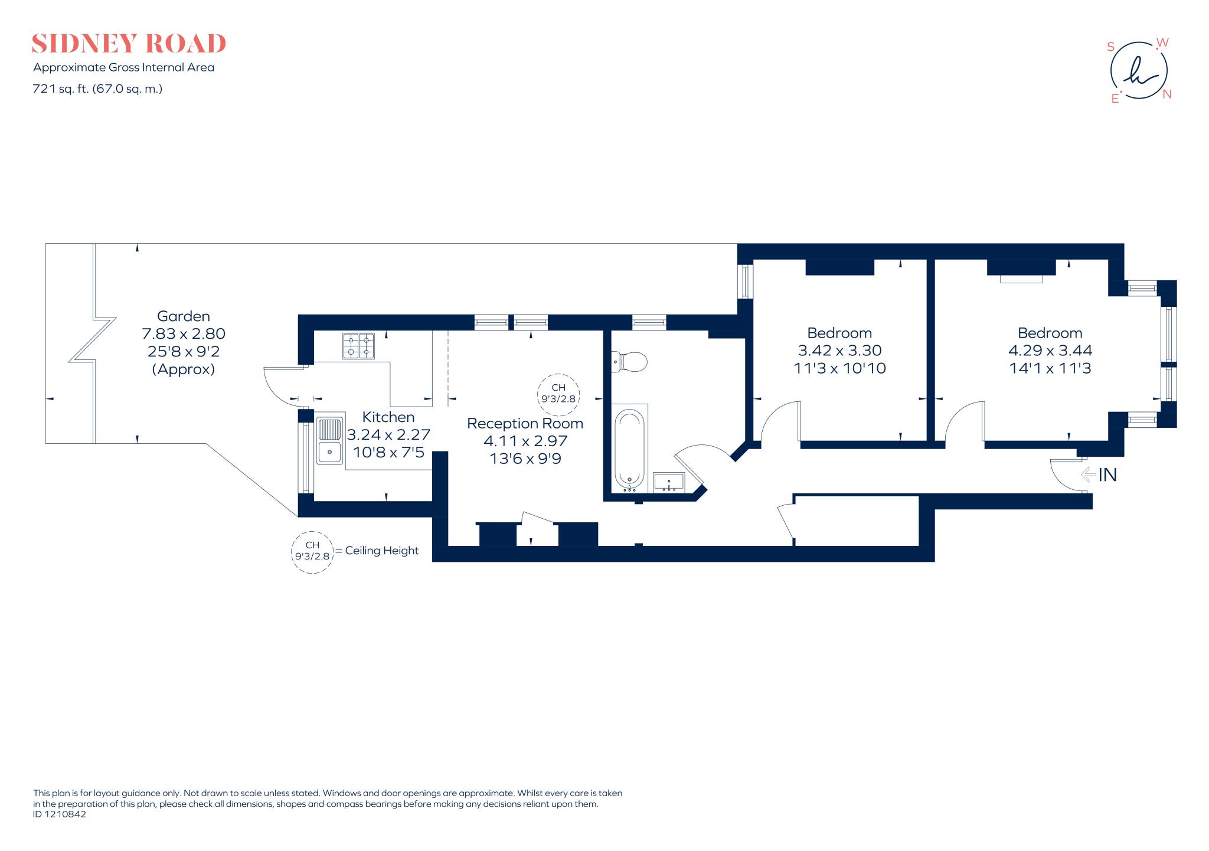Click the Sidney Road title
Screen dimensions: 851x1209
(x=129, y=44)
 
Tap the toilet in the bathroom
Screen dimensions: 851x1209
(x=630, y=361)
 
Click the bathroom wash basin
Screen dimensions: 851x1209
(x=669, y=482)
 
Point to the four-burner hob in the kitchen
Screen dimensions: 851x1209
(x=358, y=346)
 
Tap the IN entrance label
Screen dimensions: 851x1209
(x=1107, y=474)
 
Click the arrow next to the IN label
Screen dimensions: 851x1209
(x=1088, y=474)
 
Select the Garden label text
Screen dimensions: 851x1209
(x=183, y=316)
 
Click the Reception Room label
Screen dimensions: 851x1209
(x=525, y=424)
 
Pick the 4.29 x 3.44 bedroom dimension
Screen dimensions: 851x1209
(x=1050, y=351)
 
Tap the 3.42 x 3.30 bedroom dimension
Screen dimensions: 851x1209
(x=839, y=351)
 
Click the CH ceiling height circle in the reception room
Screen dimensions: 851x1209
(x=558, y=393)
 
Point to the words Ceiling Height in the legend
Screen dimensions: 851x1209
(x=381, y=551)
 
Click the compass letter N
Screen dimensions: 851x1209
(x=1166, y=94)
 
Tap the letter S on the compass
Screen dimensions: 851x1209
(x=1110, y=47)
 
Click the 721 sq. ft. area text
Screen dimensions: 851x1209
(x=97, y=89)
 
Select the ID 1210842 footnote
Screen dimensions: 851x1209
(x=60, y=814)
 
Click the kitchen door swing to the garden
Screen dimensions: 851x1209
(x=280, y=387)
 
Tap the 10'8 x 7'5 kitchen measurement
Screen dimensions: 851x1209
(x=388, y=453)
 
